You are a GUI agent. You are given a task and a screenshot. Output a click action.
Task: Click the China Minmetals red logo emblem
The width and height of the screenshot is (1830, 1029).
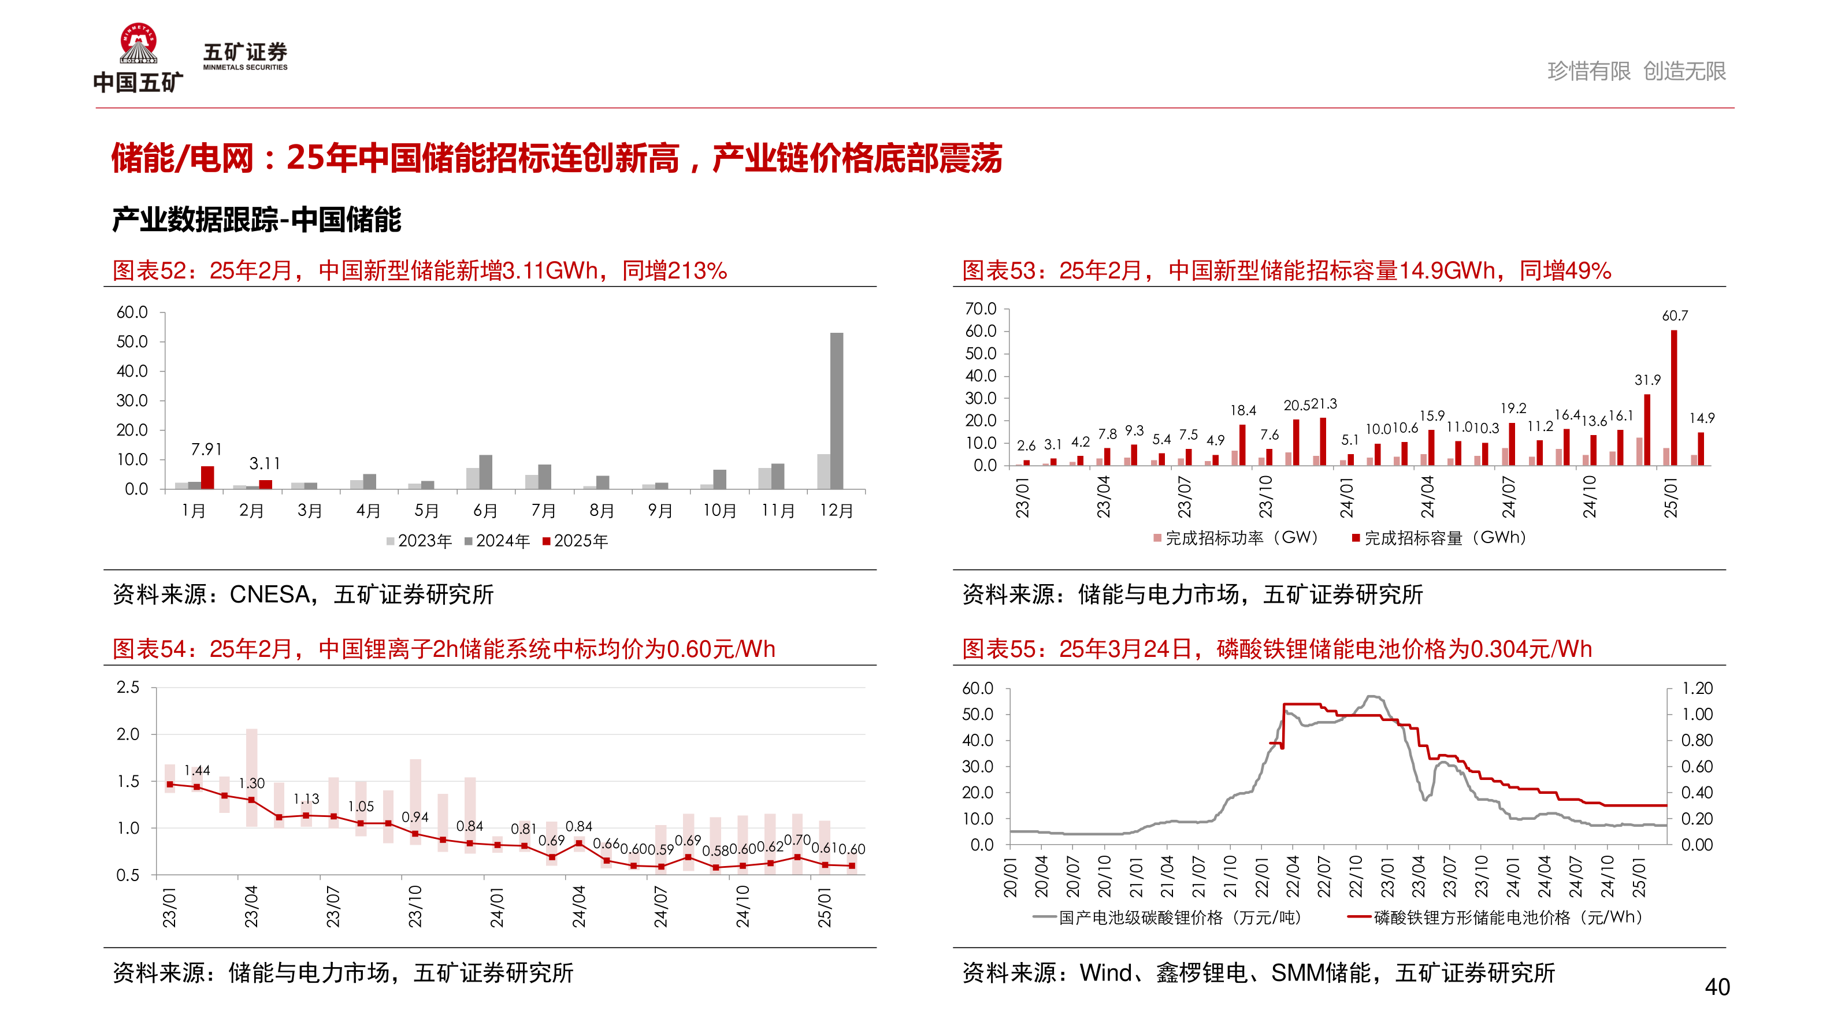click(x=139, y=44)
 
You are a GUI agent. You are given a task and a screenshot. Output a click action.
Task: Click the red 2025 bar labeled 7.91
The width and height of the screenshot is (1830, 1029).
click(x=207, y=477)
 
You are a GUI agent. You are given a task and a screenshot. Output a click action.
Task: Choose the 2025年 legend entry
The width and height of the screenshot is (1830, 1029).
click(x=576, y=541)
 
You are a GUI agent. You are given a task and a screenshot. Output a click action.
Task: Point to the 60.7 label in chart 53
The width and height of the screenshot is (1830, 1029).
click(x=1675, y=316)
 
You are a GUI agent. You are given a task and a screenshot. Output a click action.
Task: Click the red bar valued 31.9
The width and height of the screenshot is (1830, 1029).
click(x=1647, y=430)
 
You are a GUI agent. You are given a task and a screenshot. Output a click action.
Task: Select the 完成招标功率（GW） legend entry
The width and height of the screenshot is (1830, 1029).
click(x=1236, y=537)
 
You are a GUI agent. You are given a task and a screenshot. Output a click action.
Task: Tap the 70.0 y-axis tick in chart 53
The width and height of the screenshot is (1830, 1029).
click(x=981, y=309)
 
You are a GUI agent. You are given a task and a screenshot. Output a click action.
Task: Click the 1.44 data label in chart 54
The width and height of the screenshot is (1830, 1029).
click(x=197, y=771)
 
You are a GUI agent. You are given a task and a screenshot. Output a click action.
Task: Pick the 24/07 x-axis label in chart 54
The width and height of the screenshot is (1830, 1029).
click(x=660, y=906)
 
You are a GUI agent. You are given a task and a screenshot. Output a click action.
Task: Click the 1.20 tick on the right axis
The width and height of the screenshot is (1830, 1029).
click(x=1697, y=688)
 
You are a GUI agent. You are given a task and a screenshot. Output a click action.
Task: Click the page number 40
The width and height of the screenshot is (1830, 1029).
click(x=1717, y=987)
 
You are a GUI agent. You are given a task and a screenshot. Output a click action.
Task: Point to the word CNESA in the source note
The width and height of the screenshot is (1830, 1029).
click(x=270, y=595)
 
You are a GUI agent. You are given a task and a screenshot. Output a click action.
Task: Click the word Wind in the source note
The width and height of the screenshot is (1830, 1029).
click(x=1105, y=973)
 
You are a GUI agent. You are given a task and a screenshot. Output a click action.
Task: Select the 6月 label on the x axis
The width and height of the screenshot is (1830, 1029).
click(x=485, y=511)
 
